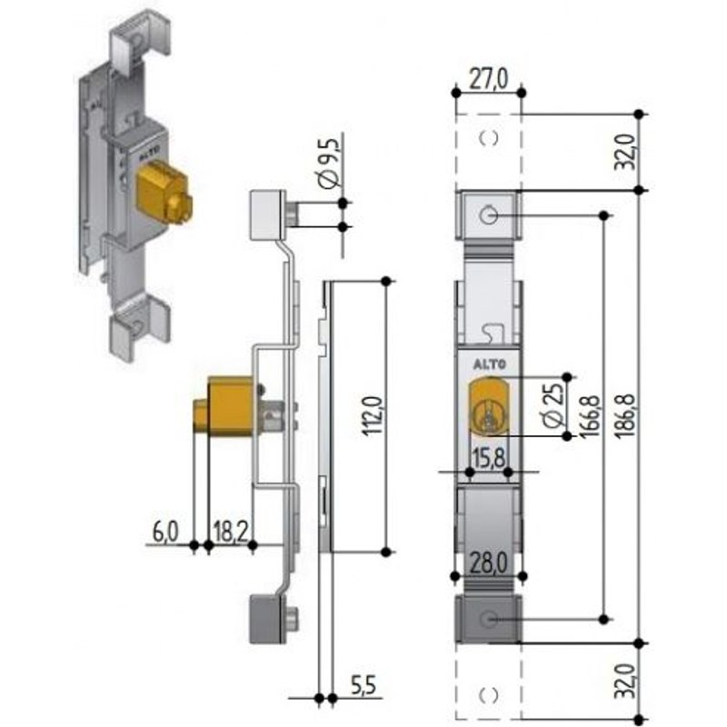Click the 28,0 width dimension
[489, 563]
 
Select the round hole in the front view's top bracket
[489, 214]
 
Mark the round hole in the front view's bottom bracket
[489, 620]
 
